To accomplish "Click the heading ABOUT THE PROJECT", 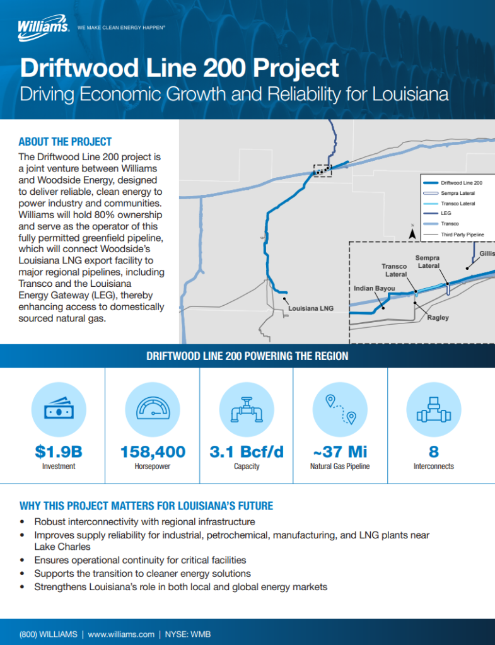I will point(65,141).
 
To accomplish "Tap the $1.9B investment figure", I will point(59,451).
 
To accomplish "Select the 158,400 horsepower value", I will point(153,451).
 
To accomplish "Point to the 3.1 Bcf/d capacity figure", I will point(247,451).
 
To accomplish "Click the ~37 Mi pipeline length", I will point(340,451).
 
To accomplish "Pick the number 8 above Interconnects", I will point(434,451).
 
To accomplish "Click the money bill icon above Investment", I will point(59,411).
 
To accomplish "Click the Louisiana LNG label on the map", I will point(310,308).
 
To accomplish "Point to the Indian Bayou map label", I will point(374,288).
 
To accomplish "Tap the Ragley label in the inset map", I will point(438,317).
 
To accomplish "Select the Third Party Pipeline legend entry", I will point(462,234).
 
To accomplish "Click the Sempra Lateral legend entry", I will point(458,193).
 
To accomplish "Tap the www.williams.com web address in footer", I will point(121,634).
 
